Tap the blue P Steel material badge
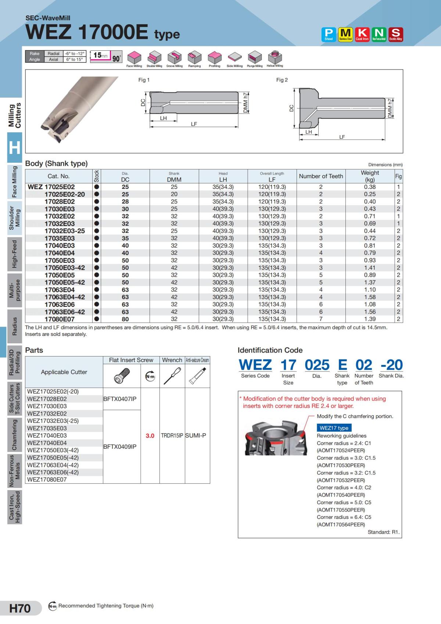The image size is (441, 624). (x=329, y=34)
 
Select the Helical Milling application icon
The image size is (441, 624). (x=275, y=58)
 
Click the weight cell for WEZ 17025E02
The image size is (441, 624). (x=369, y=187)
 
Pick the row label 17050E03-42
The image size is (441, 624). (x=65, y=268)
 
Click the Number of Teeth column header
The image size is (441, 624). (x=321, y=176)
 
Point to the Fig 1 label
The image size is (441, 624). (x=144, y=80)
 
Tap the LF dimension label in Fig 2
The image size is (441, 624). (x=342, y=137)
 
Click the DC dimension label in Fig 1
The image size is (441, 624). (x=143, y=103)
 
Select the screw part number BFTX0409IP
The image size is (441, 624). (x=120, y=447)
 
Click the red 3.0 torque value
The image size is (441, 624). (x=150, y=435)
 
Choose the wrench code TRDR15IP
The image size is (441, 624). (x=172, y=435)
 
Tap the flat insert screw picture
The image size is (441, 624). (x=121, y=376)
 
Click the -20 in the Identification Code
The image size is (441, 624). (x=391, y=365)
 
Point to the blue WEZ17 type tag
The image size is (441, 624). (x=334, y=428)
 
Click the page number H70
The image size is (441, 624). (x=20, y=608)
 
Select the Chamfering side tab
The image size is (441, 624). (x=15, y=435)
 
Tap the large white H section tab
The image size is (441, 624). (x=15, y=147)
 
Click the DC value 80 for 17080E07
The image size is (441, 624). (x=125, y=319)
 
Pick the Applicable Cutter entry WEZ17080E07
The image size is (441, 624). (x=47, y=480)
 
